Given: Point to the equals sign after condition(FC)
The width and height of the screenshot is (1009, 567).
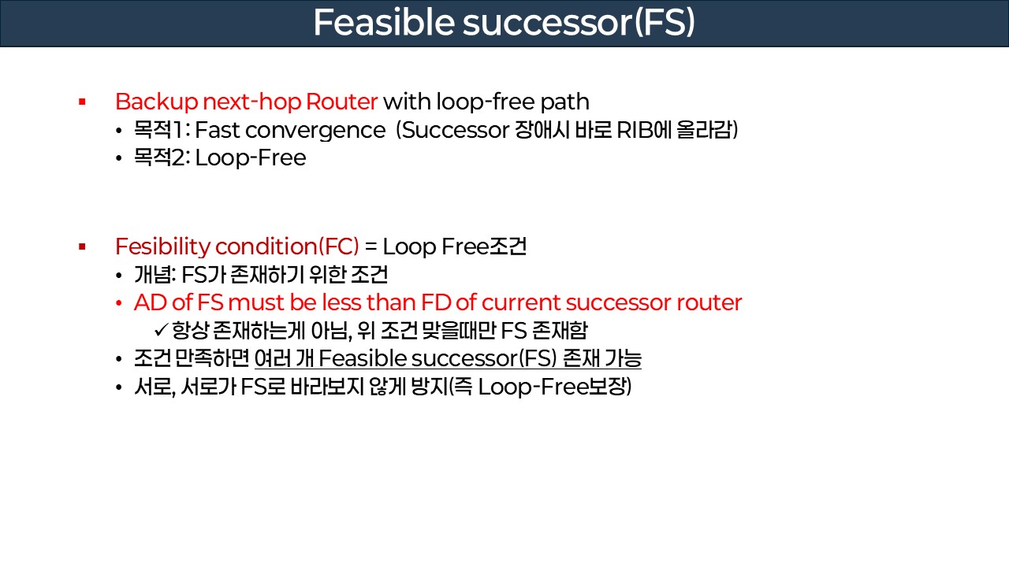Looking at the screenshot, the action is tap(370, 247).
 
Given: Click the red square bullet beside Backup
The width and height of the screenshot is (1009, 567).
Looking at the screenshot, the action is tap(81, 102).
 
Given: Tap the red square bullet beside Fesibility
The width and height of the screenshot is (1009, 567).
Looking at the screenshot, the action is tap(81, 247).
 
